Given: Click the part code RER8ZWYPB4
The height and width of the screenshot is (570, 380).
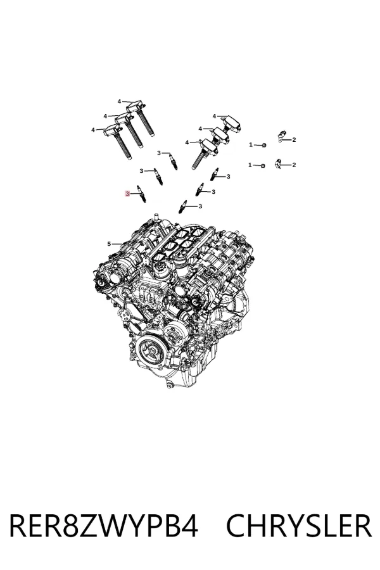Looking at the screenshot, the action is (104, 525).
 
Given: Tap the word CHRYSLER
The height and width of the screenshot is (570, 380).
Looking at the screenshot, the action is (299, 525).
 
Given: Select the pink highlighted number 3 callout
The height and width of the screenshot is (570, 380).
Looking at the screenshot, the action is (127, 194).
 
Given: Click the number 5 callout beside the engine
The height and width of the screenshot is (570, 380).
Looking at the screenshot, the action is (109, 244).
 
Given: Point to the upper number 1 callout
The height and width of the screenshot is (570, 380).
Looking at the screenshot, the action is (251, 144).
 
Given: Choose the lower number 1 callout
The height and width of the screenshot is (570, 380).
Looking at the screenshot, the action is (250, 165).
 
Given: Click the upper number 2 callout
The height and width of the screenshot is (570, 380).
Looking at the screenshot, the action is (294, 139).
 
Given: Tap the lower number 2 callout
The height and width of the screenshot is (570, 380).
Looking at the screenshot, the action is (294, 165).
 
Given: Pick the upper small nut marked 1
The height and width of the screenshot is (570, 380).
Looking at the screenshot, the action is (264, 146).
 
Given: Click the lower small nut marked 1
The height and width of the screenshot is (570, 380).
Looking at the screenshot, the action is (263, 166).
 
